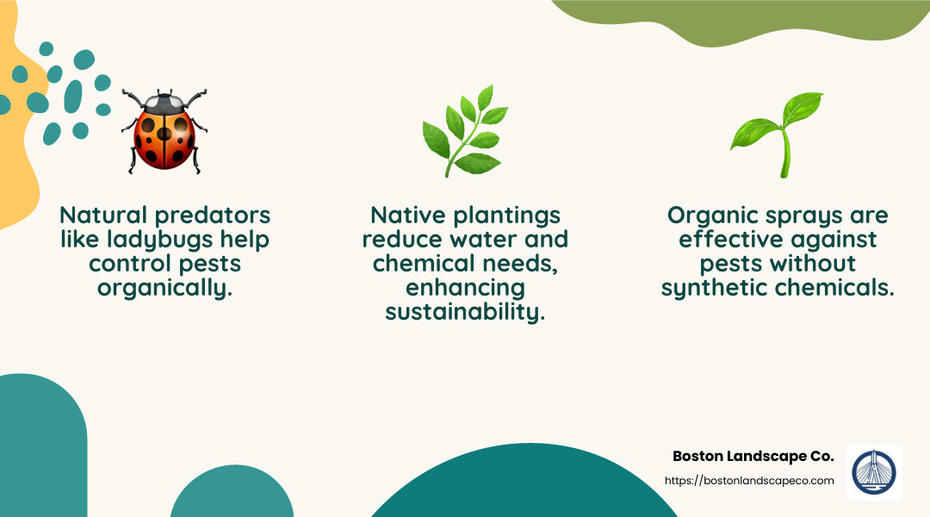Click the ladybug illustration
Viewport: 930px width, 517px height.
164,131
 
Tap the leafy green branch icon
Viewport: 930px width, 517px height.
464,131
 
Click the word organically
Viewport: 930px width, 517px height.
164,287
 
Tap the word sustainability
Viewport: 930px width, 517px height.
465,311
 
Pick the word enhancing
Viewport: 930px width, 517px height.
465,287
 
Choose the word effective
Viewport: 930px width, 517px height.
733,239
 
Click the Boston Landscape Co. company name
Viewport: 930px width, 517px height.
753,457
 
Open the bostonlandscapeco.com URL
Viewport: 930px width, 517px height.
749,480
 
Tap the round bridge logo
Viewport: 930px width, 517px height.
873,473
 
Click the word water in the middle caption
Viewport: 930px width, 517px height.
488,239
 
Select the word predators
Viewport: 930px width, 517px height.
216,215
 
